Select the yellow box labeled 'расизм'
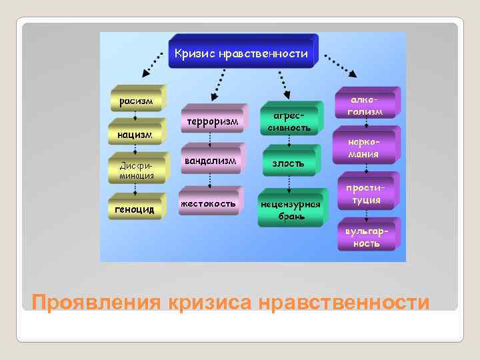point(135,101)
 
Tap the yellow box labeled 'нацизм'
point(134,135)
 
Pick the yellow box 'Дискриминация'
point(136,171)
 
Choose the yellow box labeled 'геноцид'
point(134,209)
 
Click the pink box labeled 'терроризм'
point(212,123)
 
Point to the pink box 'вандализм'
point(210,161)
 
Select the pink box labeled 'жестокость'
point(208,203)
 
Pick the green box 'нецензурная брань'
point(291,210)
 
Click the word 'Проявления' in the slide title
point(96,302)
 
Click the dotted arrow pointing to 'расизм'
point(152,67)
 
